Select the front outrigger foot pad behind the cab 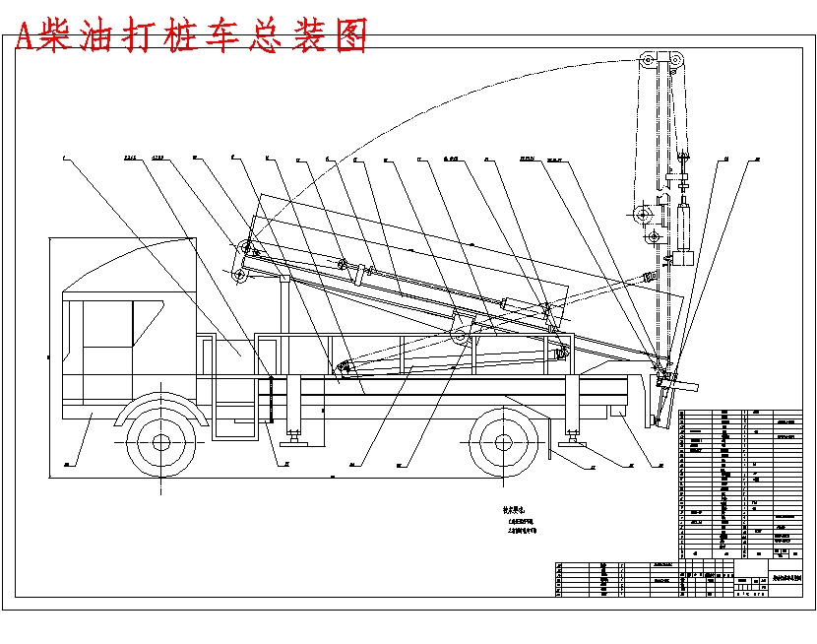pyautogui.click(x=292, y=434)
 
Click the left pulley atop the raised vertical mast pyautogui.click(x=649, y=62)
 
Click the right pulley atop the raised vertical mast pyautogui.click(x=676, y=62)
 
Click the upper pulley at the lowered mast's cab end pyautogui.click(x=241, y=247)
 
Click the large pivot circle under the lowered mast pyautogui.click(x=460, y=336)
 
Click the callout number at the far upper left pyautogui.click(x=62, y=158)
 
